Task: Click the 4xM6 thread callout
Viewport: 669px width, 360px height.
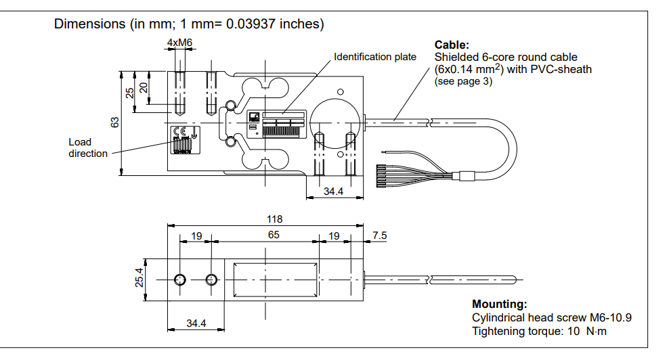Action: point(179,43)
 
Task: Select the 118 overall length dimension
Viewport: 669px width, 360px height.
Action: point(274,219)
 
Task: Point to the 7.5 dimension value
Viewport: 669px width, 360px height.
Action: point(380,235)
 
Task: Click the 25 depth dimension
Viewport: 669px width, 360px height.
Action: point(130,93)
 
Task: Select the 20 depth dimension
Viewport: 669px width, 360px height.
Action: point(143,87)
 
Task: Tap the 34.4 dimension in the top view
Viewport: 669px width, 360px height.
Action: point(333,192)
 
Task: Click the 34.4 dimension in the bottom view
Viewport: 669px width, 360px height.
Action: point(196,323)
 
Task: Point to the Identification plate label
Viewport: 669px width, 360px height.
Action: point(375,57)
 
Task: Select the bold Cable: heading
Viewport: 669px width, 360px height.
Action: point(452,45)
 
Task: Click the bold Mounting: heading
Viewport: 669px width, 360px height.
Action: point(499,305)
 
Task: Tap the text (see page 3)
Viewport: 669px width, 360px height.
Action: point(463,81)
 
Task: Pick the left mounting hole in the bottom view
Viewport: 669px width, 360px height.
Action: point(180,280)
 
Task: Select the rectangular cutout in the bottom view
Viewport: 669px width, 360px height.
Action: point(274,279)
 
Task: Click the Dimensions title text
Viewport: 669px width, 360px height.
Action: point(189,24)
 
